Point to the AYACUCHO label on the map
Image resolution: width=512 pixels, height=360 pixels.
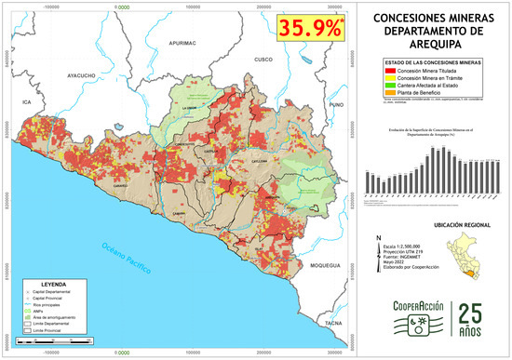(x=81, y=74)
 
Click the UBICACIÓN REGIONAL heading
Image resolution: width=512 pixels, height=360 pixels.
(x=437, y=226)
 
